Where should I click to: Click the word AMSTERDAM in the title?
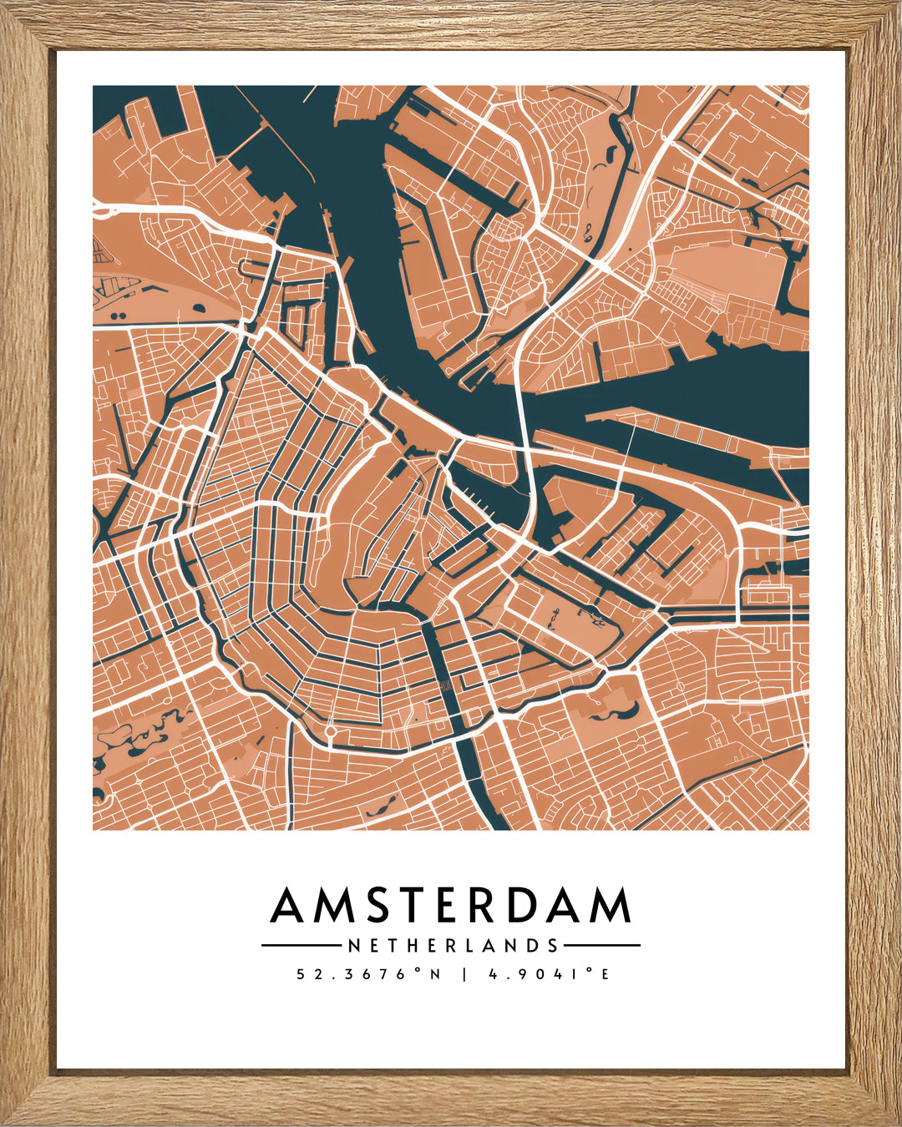(x=451, y=906)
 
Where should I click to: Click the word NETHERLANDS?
(x=452, y=946)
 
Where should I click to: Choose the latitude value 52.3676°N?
(x=368, y=974)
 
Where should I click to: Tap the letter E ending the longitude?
(x=606, y=974)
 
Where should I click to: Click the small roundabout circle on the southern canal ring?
(x=331, y=731)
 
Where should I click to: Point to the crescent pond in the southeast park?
(x=618, y=712)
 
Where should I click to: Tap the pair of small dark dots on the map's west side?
(x=116, y=316)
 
